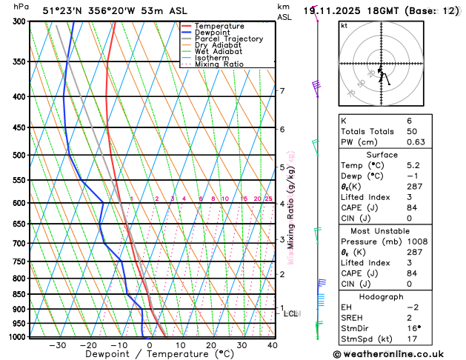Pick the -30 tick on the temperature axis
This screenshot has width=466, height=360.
tap(58, 345)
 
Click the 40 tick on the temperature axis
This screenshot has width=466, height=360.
tap(273, 345)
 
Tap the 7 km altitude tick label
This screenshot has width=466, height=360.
tap(282, 91)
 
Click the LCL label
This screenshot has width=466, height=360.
tap(291, 314)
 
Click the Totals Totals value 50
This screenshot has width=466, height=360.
tap(413, 131)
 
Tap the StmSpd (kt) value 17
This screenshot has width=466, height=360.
tap(412, 340)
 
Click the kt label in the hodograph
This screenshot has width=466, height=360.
tap(344, 26)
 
